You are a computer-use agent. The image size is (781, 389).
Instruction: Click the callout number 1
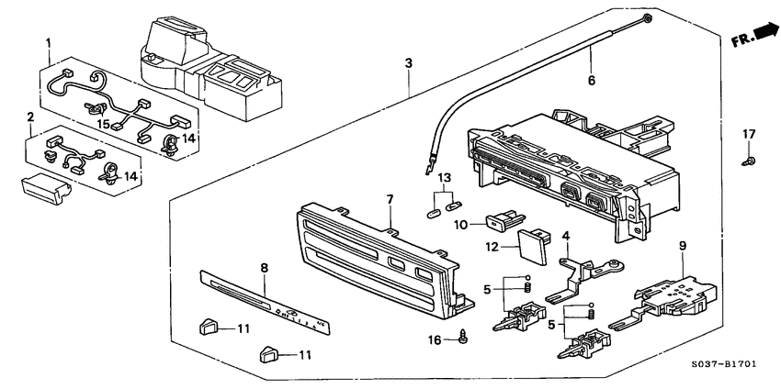49,42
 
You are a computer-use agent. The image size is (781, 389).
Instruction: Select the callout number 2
30,117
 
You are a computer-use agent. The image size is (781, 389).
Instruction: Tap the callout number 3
408,62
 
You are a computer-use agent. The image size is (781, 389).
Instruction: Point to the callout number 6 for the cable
591,81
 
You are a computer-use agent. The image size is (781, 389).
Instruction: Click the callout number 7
389,199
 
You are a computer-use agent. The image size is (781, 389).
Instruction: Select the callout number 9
682,245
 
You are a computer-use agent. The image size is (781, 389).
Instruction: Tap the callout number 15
104,124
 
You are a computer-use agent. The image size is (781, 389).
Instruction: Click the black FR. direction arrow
764,34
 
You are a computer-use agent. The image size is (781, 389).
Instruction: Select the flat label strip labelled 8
262,303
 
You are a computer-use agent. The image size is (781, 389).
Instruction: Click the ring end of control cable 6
649,18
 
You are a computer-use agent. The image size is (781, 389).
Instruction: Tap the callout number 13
445,177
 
